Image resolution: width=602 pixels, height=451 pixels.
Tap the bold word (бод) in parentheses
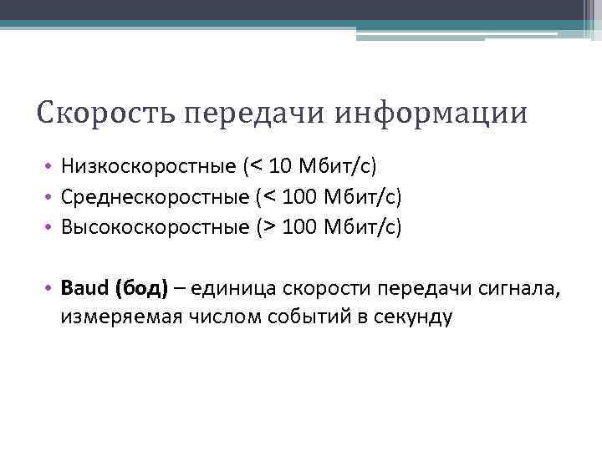coord(140,288)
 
